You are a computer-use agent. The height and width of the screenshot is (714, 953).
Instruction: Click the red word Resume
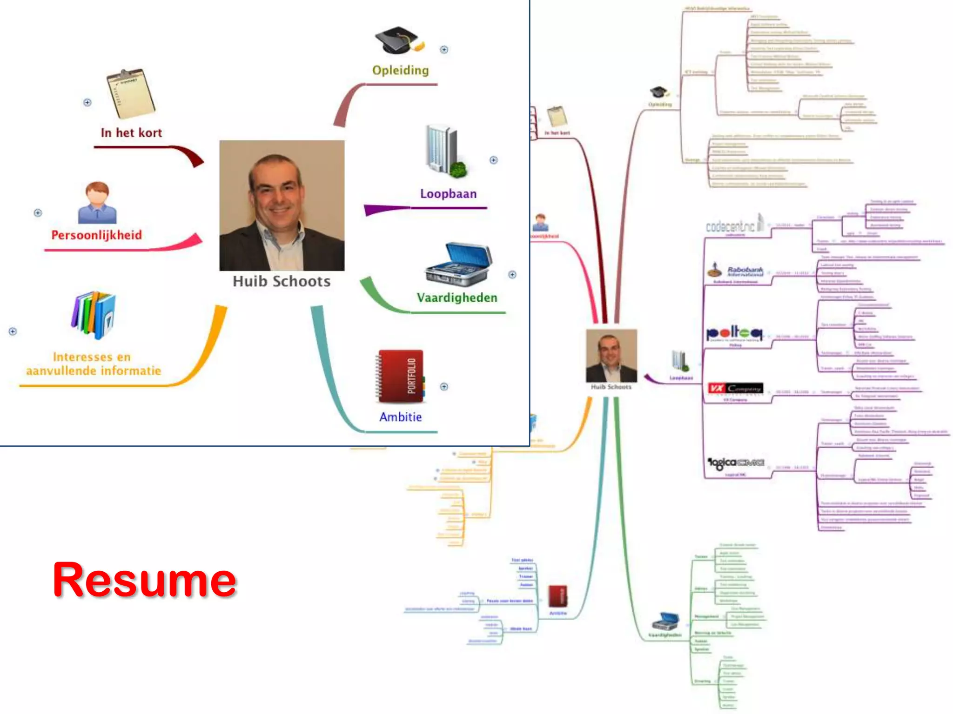[x=144, y=580]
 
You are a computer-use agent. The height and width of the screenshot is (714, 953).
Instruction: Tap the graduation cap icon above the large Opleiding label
[x=399, y=40]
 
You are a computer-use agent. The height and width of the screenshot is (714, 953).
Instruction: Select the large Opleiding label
[x=400, y=70]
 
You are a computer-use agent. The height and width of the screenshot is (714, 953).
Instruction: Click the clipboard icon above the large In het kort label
[x=131, y=93]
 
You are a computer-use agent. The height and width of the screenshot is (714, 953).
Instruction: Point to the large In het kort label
[x=131, y=133]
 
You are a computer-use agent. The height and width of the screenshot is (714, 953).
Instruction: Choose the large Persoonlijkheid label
[x=96, y=235]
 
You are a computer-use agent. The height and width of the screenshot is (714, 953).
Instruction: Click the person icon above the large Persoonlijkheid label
[x=97, y=203]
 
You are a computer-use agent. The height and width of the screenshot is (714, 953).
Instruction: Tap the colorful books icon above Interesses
[x=94, y=315]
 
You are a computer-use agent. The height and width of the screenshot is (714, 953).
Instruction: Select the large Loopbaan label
[x=448, y=194]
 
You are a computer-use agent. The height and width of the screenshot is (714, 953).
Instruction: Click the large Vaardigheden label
[x=456, y=297]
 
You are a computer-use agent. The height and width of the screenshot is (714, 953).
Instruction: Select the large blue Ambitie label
[x=400, y=417]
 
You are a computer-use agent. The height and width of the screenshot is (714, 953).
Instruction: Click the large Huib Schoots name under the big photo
[x=282, y=281]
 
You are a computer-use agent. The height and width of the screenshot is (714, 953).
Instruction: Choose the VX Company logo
[x=735, y=389]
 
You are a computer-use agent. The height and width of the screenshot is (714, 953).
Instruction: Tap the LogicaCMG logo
[x=736, y=463]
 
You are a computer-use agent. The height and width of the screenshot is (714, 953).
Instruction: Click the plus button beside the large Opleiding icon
[x=444, y=50]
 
